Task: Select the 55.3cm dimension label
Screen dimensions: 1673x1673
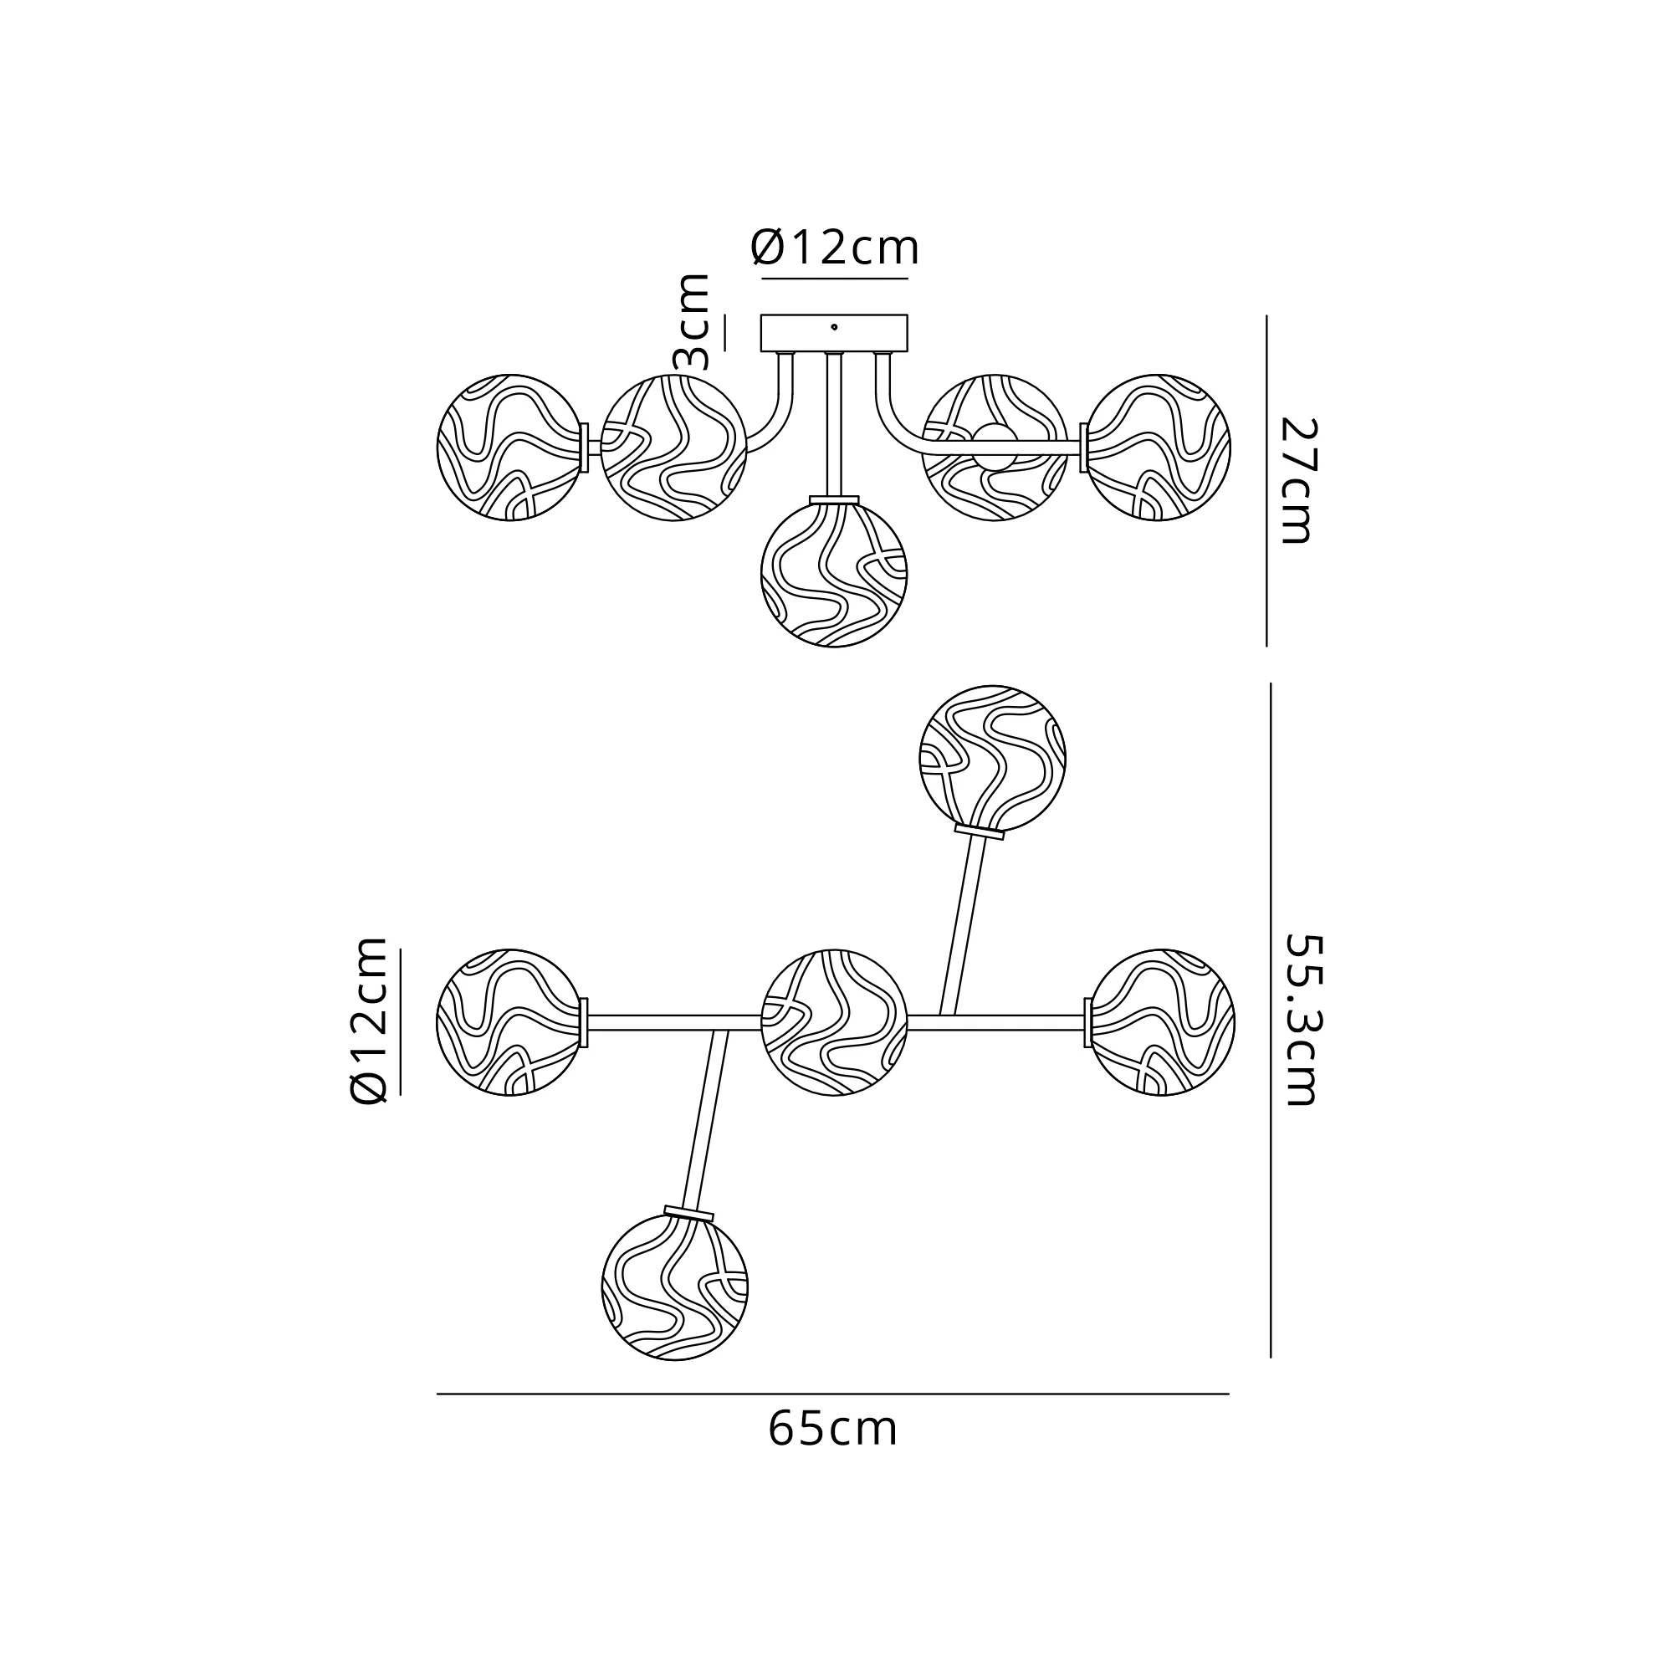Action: coord(1300,1019)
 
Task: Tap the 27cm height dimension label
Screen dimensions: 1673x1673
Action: coord(1297,481)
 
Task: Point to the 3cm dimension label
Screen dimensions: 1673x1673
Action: coord(693,321)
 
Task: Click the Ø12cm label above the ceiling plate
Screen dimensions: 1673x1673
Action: coord(835,248)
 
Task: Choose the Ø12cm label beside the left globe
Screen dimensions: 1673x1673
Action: coord(368,1021)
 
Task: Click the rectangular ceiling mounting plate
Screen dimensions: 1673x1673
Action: coord(834,334)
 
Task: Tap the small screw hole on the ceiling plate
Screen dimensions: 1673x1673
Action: coord(834,327)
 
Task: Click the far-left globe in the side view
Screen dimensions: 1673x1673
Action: coord(510,448)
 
